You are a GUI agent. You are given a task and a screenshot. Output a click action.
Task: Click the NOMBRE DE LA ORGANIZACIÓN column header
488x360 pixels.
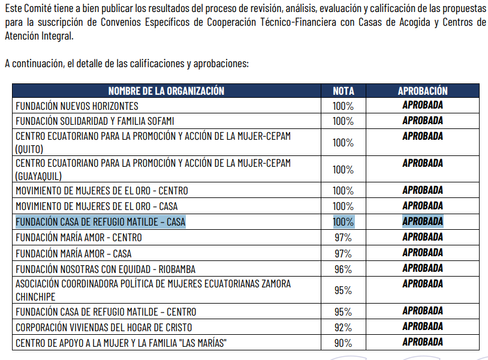166,91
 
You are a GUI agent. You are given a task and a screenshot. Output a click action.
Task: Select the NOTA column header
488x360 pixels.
343,91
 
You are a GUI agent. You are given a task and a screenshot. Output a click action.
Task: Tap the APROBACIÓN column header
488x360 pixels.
423,91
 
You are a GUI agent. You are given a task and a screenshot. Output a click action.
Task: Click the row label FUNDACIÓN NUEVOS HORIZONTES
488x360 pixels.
77,106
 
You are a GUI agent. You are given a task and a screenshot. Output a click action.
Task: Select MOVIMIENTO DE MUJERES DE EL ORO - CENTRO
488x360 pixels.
102,191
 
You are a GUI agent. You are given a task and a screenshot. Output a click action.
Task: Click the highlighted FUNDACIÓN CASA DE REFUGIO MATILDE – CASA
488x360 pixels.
101,222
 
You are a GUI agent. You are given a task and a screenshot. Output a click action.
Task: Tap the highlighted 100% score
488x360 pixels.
343,222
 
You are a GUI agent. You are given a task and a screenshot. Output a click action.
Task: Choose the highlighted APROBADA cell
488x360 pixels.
423,221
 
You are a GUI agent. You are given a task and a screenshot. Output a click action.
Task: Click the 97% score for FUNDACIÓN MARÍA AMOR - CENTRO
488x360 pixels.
343,238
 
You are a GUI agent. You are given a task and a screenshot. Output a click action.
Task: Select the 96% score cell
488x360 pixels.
343,269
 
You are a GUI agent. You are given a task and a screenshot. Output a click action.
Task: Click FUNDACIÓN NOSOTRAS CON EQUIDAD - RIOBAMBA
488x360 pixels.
106,269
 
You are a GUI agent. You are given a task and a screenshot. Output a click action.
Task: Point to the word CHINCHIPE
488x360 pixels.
35,297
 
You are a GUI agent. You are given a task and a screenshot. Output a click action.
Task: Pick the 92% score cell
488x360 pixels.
343,328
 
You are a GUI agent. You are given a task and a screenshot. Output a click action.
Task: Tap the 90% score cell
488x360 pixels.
343,343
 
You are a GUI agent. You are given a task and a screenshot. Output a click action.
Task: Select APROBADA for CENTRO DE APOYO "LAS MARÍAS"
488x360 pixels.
423,342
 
